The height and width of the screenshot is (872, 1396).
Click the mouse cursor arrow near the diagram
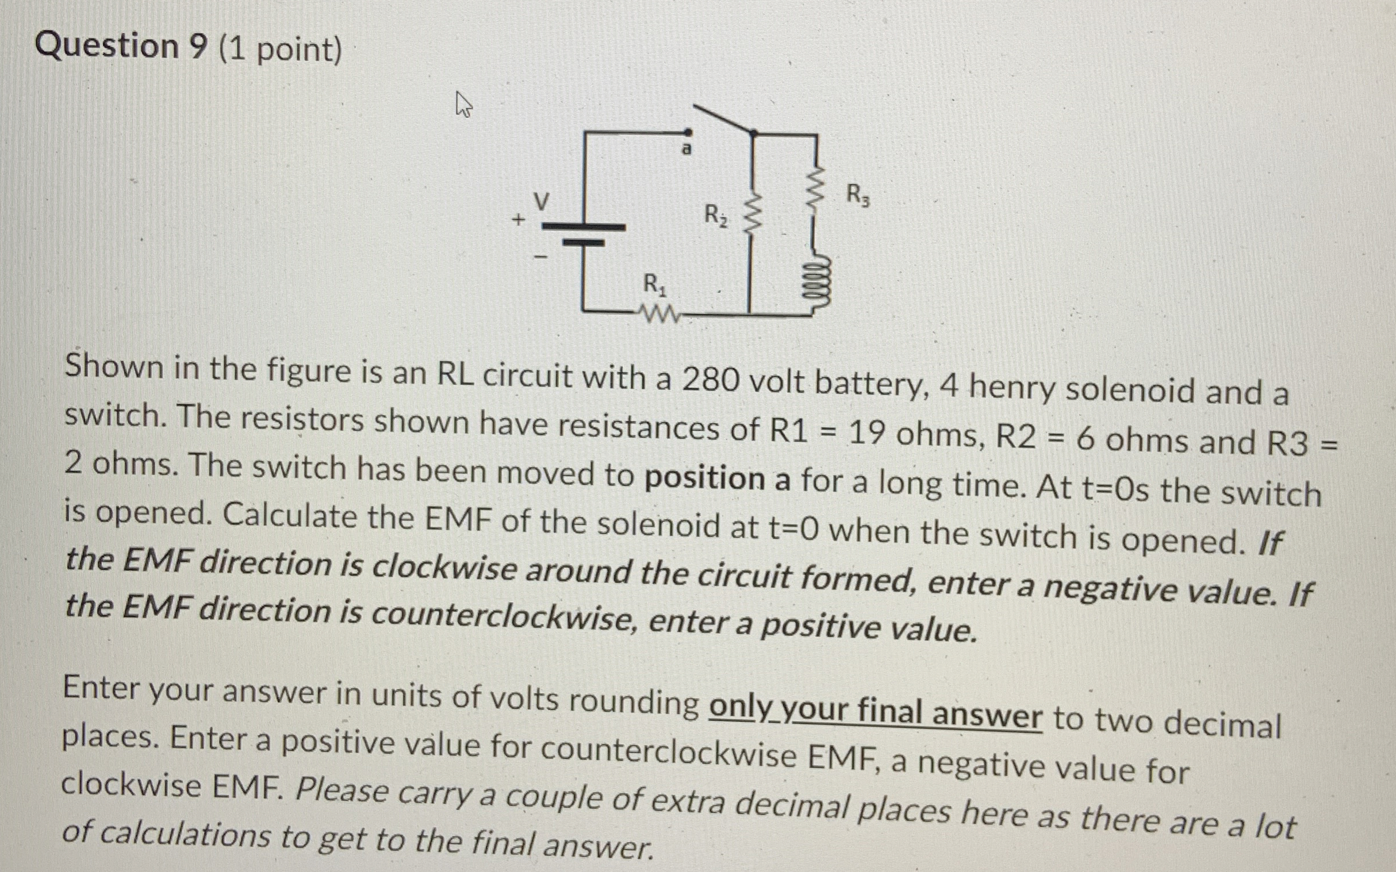click(463, 106)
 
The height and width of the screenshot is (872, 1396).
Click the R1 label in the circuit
click(654, 285)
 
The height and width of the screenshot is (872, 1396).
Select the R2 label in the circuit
click(716, 216)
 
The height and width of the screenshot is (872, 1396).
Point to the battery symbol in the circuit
click(584, 234)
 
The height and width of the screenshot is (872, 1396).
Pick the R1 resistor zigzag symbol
click(656, 315)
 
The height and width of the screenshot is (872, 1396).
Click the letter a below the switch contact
click(686, 149)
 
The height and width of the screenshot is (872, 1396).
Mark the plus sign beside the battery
click(519, 220)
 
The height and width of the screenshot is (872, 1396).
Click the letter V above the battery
click(541, 201)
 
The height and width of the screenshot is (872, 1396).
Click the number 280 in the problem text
click(709, 381)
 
